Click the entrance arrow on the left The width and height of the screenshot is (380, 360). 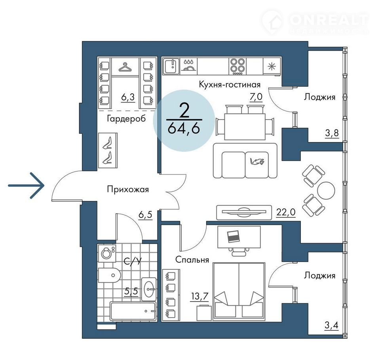(x=26, y=186)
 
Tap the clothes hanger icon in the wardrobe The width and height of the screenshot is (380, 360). (x=125, y=67)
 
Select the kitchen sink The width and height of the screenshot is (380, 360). (x=171, y=66)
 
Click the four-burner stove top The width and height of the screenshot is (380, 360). (x=237, y=66)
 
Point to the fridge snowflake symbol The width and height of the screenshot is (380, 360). (x=272, y=66)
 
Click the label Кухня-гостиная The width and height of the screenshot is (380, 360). (x=230, y=85)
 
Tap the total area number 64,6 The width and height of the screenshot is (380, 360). (x=184, y=129)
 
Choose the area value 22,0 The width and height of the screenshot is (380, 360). (x=286, y=212)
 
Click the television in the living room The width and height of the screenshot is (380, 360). (x=244, y=212)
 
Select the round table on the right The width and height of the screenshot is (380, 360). (x=326, y=190)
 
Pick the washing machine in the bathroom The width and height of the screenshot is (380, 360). (x=107, y=253)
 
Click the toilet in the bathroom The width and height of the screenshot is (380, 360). (x=109, y=275)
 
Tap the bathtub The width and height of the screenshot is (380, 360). (x=133, y=311)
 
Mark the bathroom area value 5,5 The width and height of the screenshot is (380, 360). (x=131, y=291)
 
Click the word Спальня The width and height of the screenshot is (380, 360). (x=192, y=260)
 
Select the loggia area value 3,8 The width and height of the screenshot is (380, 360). (x=332, y=133)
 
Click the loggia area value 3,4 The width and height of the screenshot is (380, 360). (x=332, y=325)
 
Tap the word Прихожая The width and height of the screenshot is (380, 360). (x=128, y=189)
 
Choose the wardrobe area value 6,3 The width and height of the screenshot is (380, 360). (x=128, y=97)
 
